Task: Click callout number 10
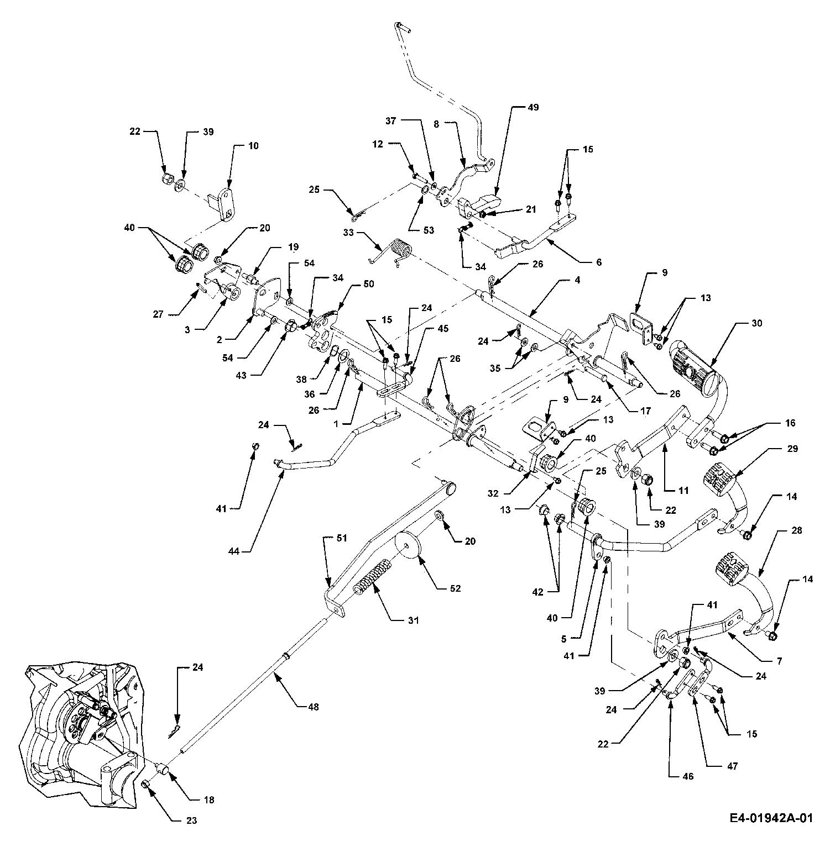click(x=253, y=146)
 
